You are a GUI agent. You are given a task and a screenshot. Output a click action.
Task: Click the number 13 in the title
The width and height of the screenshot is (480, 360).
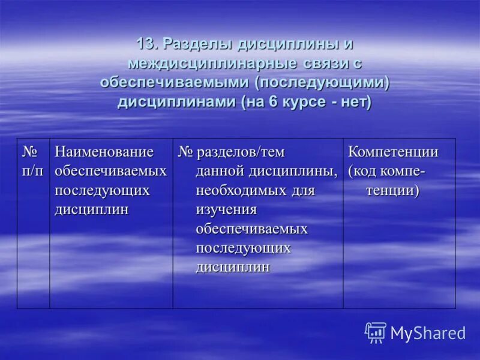coord(146,44)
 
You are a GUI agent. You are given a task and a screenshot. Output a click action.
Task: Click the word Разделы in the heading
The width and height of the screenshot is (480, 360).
coord(199,44)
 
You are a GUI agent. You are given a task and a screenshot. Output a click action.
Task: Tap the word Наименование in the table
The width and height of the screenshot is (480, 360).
coord(104,152)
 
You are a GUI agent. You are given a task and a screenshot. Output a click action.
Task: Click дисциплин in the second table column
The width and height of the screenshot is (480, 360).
coord(91,210)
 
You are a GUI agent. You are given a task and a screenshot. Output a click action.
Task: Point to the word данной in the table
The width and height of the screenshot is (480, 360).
coord(221,172)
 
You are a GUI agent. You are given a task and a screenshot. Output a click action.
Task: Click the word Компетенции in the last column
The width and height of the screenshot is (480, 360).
coord(393,152)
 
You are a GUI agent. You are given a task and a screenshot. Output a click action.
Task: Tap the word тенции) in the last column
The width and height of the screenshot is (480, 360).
coord(392,191)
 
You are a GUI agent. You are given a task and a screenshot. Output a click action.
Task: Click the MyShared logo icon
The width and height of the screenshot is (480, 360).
coord(376,332)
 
